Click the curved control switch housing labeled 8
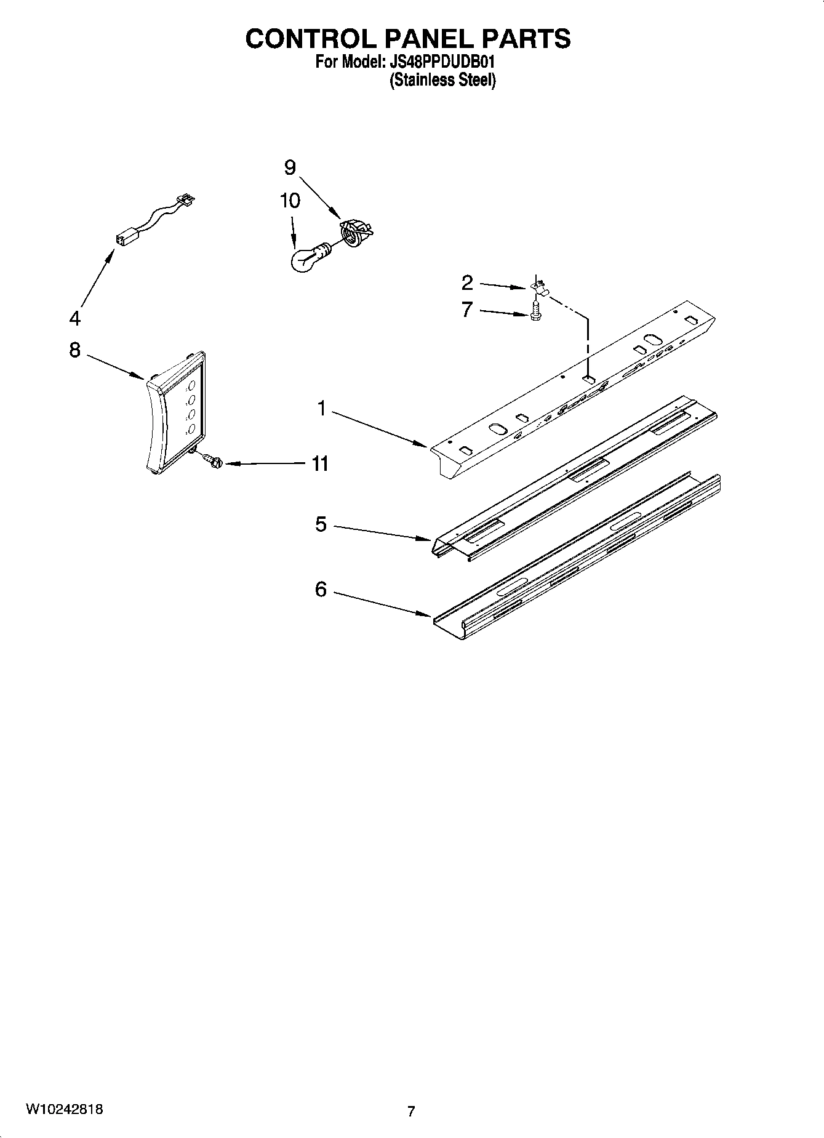175,412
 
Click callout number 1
321,408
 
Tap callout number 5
321,524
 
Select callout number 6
321,590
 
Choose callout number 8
74,350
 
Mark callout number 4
74,318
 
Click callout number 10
290,201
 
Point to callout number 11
319,463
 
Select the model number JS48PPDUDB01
442,62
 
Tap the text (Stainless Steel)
442,80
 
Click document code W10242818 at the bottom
63,1110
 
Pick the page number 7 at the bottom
411,1111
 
